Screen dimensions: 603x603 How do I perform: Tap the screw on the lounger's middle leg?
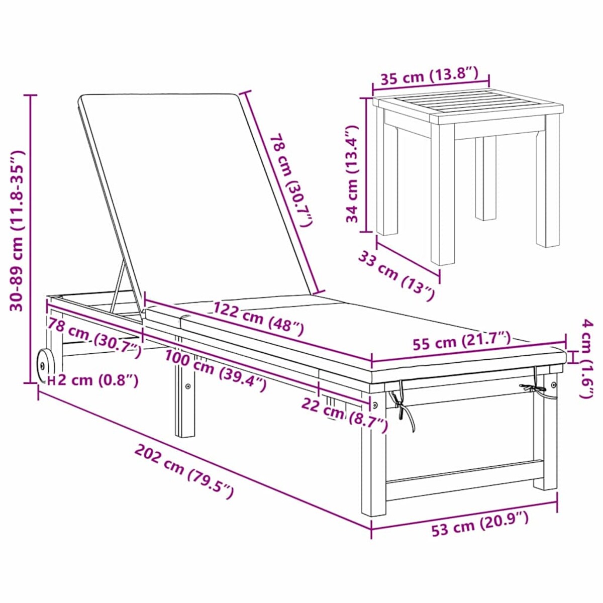coord(188,386)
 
